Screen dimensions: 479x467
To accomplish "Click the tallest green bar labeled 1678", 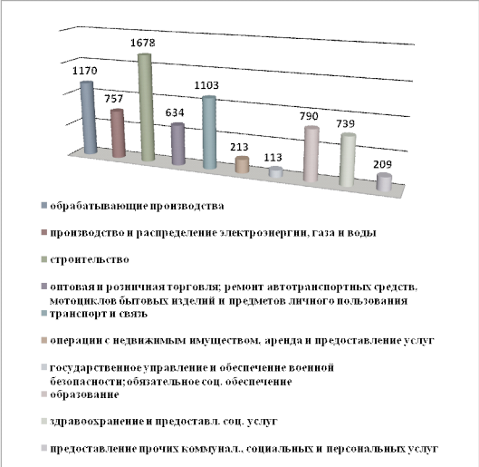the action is pos(147,107).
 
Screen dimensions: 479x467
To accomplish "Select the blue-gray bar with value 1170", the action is pos(88,118).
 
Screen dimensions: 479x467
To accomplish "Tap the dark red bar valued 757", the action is pos(118,133).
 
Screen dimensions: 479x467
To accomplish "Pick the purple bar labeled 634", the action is pos(178,144).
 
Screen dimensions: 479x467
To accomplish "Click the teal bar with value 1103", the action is pos(210,132).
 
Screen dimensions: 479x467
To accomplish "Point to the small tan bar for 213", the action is pos(243,164).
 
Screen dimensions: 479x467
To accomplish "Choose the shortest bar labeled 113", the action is pos(275,172).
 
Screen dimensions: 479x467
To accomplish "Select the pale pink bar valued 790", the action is pos(311,154).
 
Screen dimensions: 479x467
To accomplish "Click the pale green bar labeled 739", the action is pos(348,160).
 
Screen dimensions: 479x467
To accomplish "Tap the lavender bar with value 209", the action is pos(384,182).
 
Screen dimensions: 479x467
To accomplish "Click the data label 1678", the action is pos(143,43).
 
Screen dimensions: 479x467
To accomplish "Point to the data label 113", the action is pos(273,158).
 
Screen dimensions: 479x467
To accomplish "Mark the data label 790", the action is pos(309,116).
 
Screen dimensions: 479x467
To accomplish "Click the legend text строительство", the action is pos(90,259).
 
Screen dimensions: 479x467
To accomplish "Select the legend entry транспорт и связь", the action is pos(99,314).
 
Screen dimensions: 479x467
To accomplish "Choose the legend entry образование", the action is pos(84,394).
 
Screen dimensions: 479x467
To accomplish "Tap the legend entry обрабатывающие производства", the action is pos(137,206).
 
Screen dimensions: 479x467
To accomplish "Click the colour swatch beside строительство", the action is pos(44,259).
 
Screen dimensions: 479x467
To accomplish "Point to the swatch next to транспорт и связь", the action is pos(44,314).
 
